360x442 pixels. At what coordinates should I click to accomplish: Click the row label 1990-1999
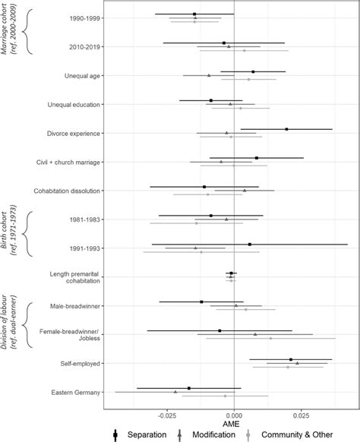point(84,17)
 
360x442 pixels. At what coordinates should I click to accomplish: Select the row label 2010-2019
point(84,47)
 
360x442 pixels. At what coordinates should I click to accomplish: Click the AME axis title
point(234,425)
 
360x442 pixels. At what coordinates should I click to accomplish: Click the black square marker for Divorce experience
point(286,129)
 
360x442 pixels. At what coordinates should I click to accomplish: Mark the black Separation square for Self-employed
point(291,359)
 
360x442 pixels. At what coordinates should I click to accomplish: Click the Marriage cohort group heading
point(9,32)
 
